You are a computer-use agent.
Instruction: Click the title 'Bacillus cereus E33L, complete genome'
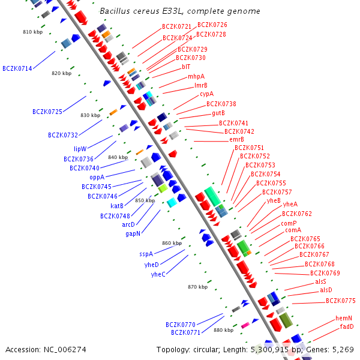(180, 11)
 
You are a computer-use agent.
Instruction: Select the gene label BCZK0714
(17, 68)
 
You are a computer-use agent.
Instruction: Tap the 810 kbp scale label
(32, 32)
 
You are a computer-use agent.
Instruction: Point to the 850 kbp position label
(145, 200)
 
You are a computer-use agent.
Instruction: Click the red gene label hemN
(344, 318)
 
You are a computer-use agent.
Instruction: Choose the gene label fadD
(347, 326)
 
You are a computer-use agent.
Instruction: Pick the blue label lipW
(80, 149)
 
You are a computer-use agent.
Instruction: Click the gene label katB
(117, 206)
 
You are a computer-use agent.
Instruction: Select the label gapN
(133, 233)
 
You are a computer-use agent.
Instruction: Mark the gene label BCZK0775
(341, 301)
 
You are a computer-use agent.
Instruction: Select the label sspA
(146, 254)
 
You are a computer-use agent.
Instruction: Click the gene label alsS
(320, 281)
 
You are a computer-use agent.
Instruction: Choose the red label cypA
(206, 94)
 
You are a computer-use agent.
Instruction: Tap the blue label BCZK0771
(185, 332)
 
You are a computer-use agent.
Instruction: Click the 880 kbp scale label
(223, 330)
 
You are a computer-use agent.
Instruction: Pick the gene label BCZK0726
(212, 25)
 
